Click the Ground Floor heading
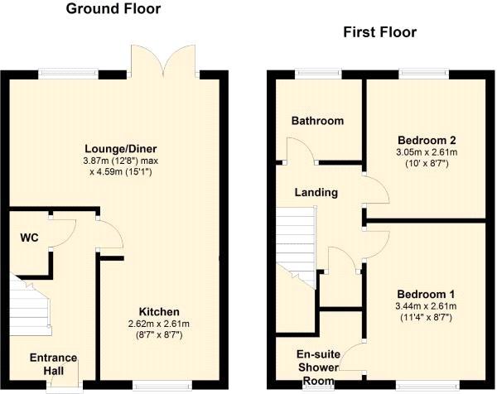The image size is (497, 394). [x=113, y=8]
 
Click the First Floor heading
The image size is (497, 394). [x=379, y=32]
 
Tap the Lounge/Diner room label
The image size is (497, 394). [x=120, y=148]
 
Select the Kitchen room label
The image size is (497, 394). [x=159, y=312]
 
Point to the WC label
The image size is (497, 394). [x=30, y=238]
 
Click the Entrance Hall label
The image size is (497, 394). [x=53, y=364]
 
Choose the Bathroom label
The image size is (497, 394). [x=317, y=121]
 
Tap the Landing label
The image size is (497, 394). [x=316, y=192]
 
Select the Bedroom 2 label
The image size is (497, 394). [x=427, y=140]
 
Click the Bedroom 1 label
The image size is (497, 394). [x=426, y=294]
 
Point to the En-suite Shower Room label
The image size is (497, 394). [x=318, y=368]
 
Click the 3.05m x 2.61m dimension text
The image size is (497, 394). [x=427, y=152]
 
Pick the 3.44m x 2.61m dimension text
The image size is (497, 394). [x=426, y=306]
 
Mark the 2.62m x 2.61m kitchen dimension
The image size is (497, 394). [x=159, y=324]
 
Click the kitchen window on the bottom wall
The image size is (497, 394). [x=162, y=386]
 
